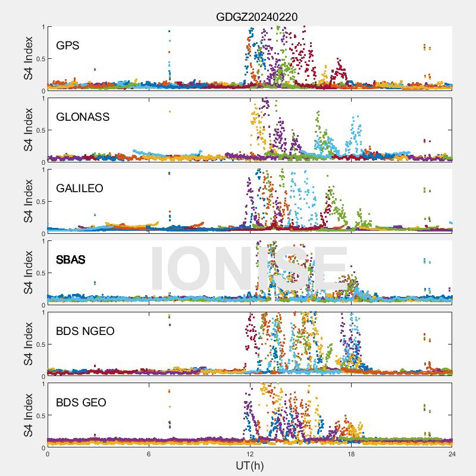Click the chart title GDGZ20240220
256,17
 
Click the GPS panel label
67,45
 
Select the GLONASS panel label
83,117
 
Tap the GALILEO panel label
79,188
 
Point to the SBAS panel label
70,260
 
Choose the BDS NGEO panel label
85,331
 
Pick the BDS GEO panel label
81,403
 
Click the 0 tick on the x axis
48,453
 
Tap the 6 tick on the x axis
149,453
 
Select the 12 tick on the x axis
250,453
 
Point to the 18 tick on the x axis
351,453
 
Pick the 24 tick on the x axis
452,453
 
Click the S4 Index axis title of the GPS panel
28,58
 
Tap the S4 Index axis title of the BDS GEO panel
28,415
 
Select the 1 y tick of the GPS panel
42,27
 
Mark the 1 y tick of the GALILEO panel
42,170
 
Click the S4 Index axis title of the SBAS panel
28,273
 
